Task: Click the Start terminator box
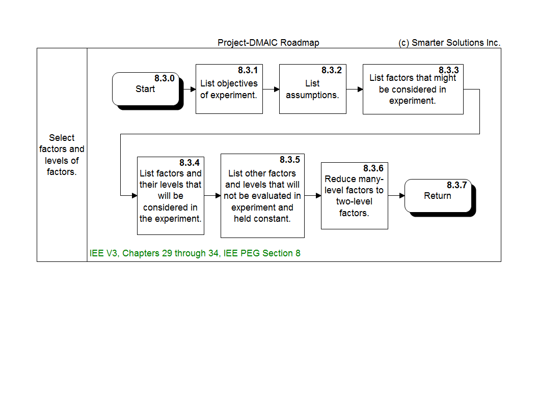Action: (x=146, y=89)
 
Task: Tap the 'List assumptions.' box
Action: (x=312, y=89)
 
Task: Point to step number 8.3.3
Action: (x=448, y=70)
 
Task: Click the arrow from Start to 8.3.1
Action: (x=188, y=90)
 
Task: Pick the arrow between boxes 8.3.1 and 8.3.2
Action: (x=271, y=90)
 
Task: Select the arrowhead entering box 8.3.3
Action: (x=360, y=90)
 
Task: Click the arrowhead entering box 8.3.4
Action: (x=134, y=195)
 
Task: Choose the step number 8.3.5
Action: (x=289, y=160)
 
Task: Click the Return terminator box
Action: (x=438, y=196)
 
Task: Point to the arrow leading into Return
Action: (x=396, y=195)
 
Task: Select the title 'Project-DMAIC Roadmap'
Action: (x=268, y=43)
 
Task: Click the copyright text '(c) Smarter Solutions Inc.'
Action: (x=449, y=43)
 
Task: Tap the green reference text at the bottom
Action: (x=195, y=253)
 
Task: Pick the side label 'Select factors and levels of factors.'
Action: (x=62, y=155)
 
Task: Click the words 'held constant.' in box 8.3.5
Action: (x=262, y=219)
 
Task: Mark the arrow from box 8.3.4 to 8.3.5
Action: (x=212, y=195)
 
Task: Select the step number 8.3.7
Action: (x=456, y=185)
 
